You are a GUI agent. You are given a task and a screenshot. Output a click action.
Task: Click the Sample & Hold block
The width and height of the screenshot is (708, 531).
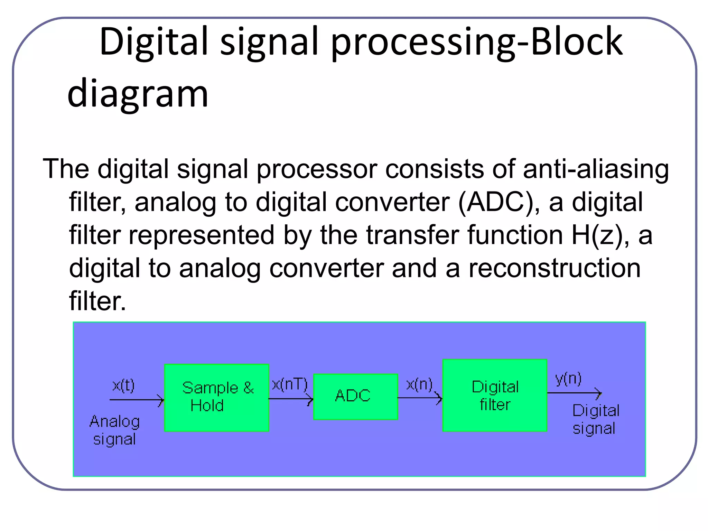coord(217,398)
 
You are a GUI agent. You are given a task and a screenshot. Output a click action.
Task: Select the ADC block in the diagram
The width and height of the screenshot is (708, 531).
coord(355,397)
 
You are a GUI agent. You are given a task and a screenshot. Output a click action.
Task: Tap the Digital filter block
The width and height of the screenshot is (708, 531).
coord(495,395)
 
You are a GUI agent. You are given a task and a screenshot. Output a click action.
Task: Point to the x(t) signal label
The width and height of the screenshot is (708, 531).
coord(123,385)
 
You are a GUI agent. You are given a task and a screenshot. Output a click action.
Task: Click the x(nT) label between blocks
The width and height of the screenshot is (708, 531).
coord(290,384)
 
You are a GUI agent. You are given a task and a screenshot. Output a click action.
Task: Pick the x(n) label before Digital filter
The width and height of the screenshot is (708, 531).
coord(419,384)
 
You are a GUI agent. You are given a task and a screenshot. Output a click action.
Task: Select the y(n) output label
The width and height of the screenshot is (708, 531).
coord(568,379)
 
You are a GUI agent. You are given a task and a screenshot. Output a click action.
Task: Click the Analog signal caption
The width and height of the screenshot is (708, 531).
coord(114,430)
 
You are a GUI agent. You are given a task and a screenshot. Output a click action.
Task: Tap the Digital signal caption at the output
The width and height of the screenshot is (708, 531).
coord(596,419)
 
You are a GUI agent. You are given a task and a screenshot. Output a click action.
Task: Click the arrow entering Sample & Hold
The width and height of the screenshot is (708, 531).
coord(137,400)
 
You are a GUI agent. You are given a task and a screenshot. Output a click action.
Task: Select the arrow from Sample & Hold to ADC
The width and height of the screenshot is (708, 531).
coord(290,399)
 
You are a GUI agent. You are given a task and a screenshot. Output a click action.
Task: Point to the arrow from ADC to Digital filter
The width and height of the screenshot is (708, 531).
coord(420,398)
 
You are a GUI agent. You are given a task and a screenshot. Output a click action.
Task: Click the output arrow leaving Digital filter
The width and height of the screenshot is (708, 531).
coord(574,393)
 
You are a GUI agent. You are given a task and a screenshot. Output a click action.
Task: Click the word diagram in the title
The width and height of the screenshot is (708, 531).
coord(138,93)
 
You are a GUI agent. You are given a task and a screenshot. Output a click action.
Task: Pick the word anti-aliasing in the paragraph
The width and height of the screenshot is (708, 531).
coord(596,169)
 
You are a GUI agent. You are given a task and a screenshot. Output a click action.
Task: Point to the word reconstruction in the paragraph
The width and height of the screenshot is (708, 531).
coord(554,268)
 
